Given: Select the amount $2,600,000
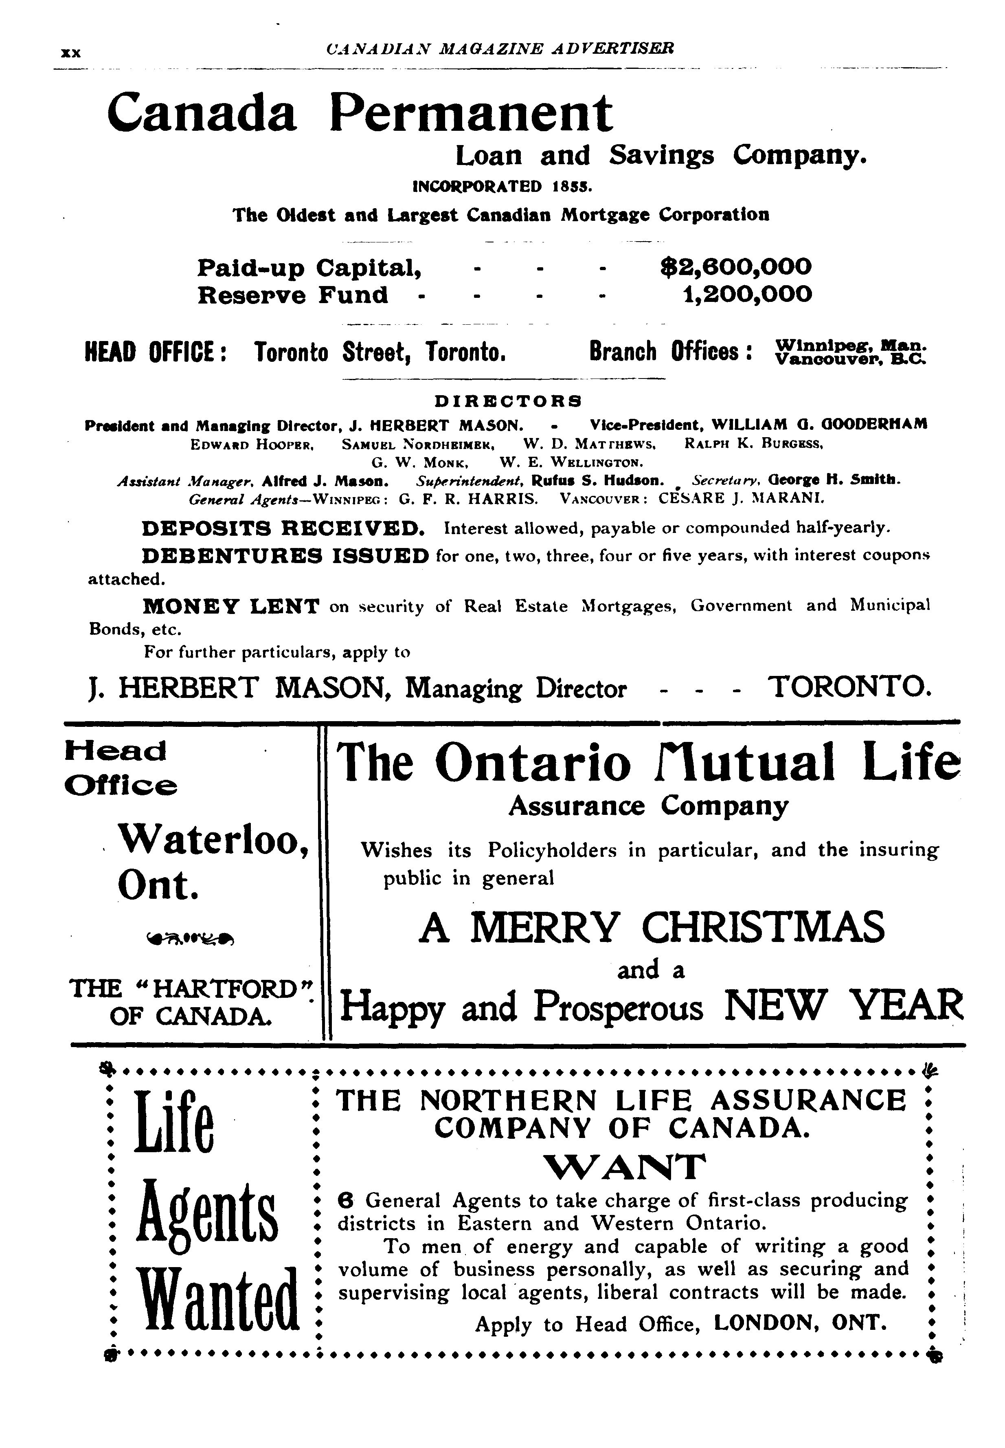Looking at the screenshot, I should coord(735,267).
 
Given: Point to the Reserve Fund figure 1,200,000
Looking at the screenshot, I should coord(748,294).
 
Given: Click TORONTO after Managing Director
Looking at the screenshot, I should coord(850,687).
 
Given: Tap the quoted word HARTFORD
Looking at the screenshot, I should coord(225,988).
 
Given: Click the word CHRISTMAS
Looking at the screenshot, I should coord(763,927).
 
